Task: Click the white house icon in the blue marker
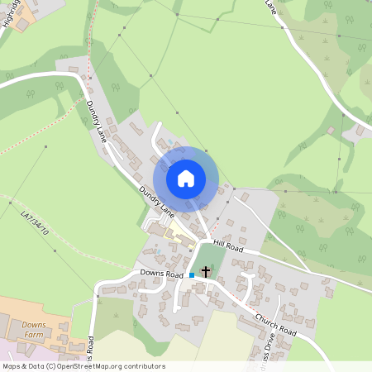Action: coord(186,178)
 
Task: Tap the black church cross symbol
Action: coord(206,271)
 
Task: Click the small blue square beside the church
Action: coord(192,274)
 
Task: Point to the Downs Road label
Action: coord(161,273)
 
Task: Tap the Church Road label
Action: coord(275,323)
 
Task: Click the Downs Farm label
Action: coord(33,328)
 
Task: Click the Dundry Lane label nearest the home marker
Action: coord(156,203)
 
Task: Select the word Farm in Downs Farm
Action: coord(33,335)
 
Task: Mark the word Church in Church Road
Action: coord(267,319)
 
